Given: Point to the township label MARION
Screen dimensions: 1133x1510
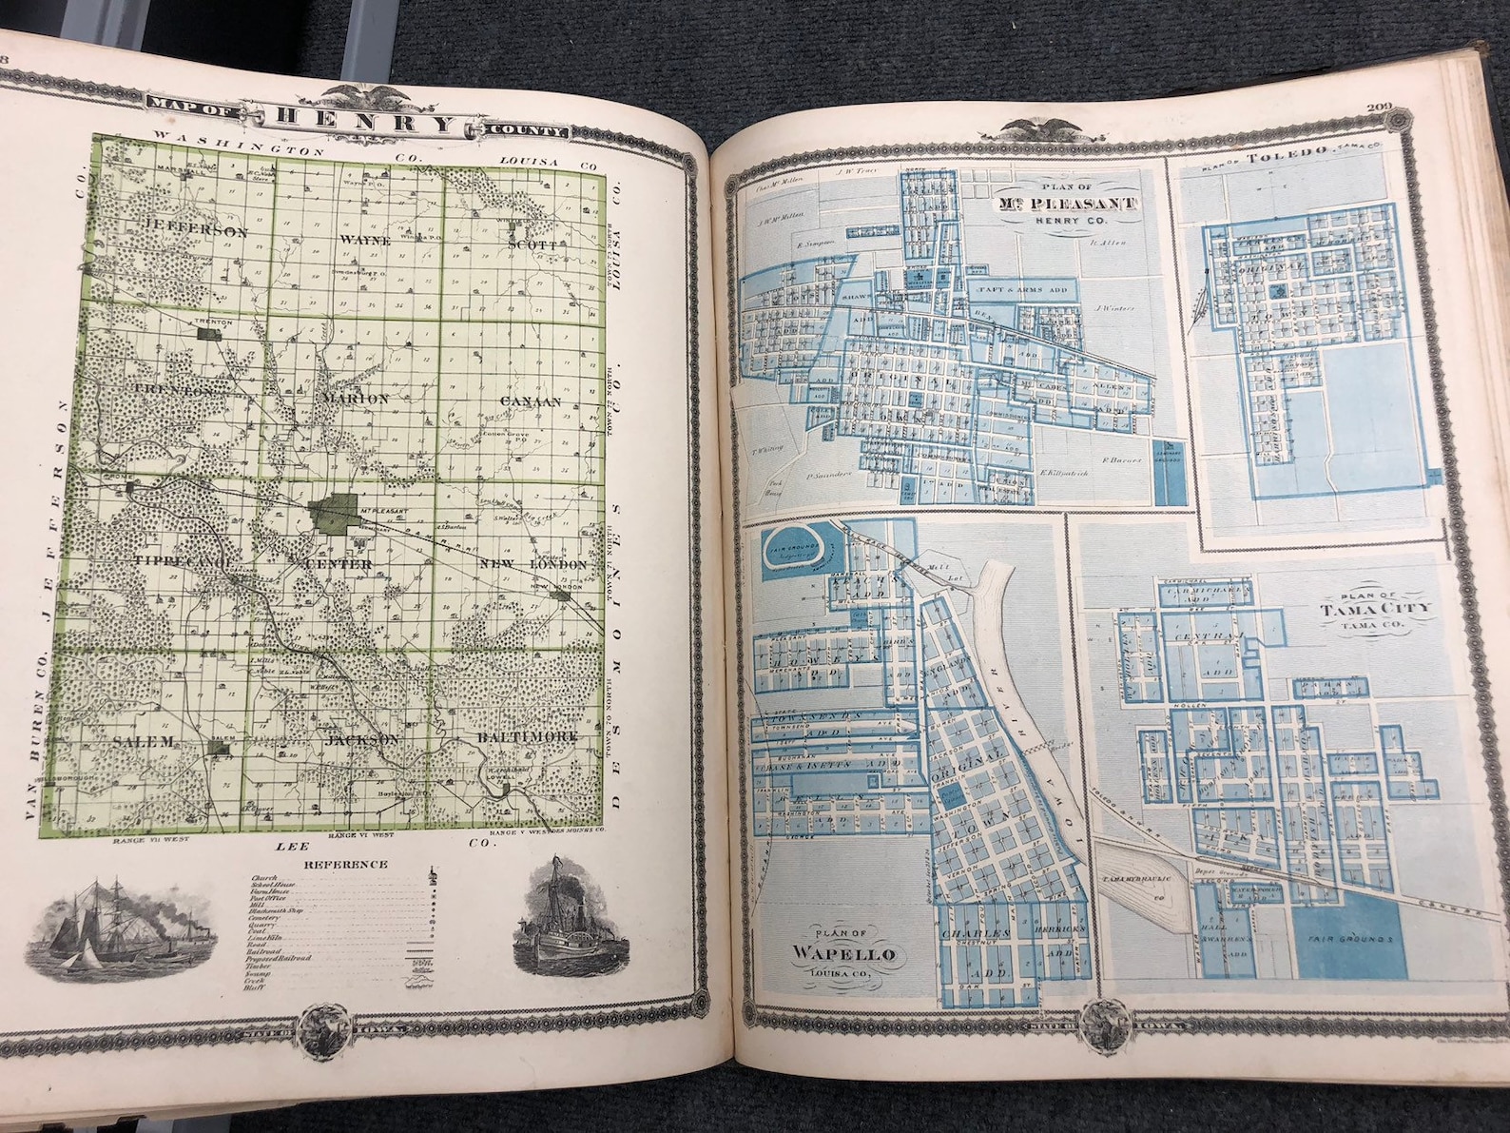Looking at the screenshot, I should tap(356, 399).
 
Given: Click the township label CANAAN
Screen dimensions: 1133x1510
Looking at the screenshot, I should tap(532, 401).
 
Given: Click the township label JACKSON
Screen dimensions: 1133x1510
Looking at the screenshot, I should tap(361, 738).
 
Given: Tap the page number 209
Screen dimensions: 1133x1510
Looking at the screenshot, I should tap(1379, 107).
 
